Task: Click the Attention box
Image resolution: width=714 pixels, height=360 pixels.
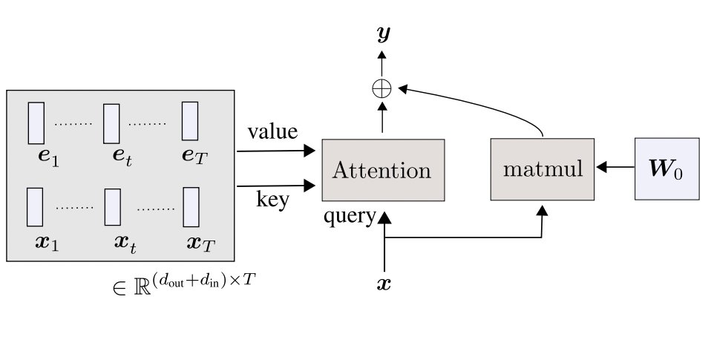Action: coord(382,170)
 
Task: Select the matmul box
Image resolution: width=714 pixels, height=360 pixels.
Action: coord(543,168)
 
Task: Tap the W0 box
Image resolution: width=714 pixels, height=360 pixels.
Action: coord(667,168)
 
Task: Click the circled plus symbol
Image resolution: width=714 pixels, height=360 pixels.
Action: coord(382,89)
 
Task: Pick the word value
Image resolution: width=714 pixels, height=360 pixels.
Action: coord(272,132)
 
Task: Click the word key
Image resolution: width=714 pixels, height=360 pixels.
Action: coord(272,200)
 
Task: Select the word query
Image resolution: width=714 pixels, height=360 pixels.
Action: coord(350,217)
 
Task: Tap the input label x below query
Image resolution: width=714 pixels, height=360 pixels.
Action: coord(384,284)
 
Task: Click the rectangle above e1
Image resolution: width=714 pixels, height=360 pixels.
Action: coord(36,123)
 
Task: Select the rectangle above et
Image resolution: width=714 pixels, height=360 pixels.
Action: coord(112,123)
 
